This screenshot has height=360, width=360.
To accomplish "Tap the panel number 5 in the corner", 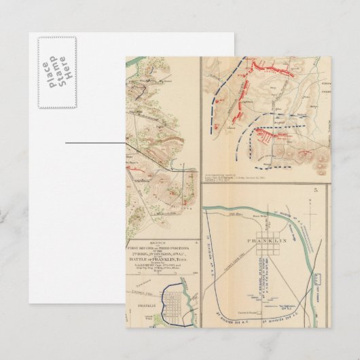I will (315, 192).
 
